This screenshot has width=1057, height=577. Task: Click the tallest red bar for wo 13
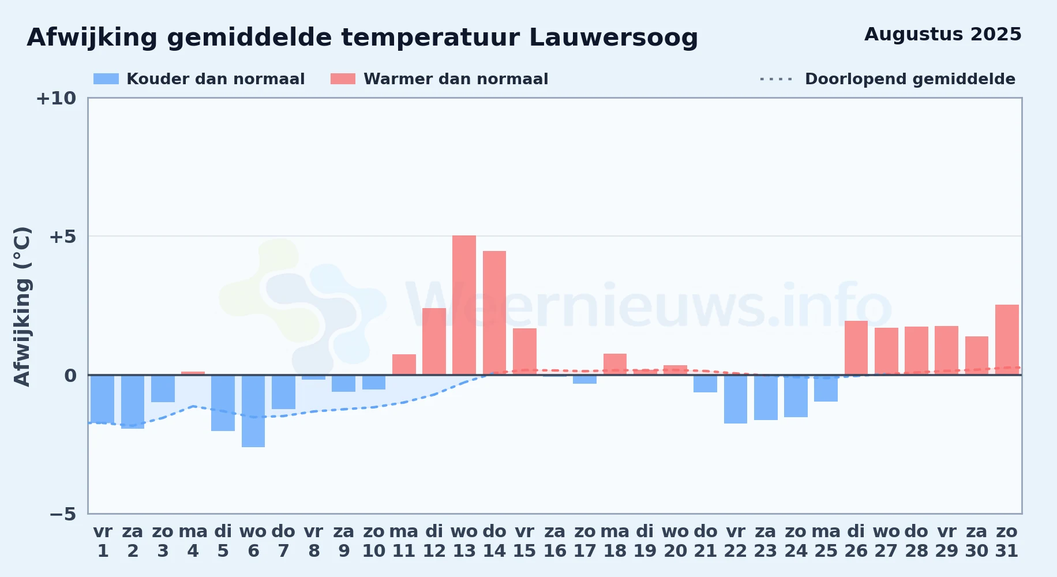click(x=464, y=305)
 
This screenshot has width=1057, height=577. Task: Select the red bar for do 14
click(x=494, y=313)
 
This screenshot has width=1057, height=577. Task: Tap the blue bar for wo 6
click(x=253, y=411)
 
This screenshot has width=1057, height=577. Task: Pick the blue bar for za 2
click(x=133, y=402)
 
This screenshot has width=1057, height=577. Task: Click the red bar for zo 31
click(x=1007, y=340)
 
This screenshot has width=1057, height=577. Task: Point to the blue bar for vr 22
click(x=736, y=399)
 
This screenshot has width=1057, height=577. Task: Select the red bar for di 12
click(x=434, y=342)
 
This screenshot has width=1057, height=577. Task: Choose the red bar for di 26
click(x=856, y=348)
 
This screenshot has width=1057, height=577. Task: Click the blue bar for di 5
click(x=223, y=403)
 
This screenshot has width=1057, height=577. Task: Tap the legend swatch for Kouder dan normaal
click(x=106, y=79)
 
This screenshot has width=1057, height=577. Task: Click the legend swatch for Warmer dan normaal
click(x=343, y=79)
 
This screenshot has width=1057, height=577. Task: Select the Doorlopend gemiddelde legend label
click(x=910, y=79)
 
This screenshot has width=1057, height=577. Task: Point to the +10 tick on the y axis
click(x=56, y=98)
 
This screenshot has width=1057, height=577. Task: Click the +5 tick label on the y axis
click(x=62, y=237)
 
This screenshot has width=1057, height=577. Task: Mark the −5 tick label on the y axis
click(x=63, y=514)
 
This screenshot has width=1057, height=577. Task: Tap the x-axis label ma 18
click(x=615, y=541)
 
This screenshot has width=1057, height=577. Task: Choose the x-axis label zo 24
click(x=796, y=541)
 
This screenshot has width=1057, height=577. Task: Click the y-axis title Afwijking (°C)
click(x=23, y=306)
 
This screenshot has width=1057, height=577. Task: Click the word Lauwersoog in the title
click(x=613, y=38)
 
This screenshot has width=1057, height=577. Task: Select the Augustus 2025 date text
click(x=943, y=35)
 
